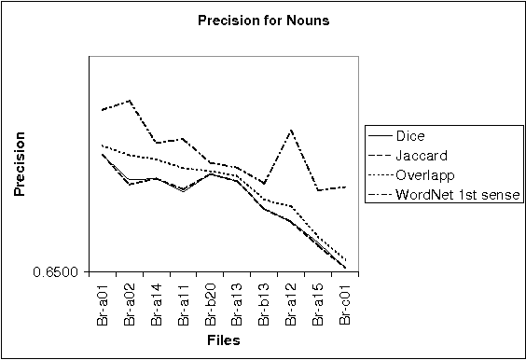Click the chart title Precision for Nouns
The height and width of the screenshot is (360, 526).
pos(263,19)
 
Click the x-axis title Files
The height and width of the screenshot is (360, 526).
pos(223,340)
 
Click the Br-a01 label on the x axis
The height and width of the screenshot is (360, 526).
pos(103,302)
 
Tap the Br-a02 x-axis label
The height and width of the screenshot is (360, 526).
pos(130,302)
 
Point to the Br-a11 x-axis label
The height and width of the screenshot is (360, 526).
pos(184,302)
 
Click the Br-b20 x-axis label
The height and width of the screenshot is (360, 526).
pos(211,302)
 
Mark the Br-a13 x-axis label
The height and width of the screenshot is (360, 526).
pos(238,302)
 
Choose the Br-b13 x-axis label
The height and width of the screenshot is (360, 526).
pos(265,302)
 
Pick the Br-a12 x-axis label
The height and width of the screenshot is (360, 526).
pos(292,302)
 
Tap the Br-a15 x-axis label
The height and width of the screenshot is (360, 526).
pos(319,302)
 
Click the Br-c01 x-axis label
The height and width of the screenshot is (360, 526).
pos(346,302)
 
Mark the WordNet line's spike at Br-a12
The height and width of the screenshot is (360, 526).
pos(292,130)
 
